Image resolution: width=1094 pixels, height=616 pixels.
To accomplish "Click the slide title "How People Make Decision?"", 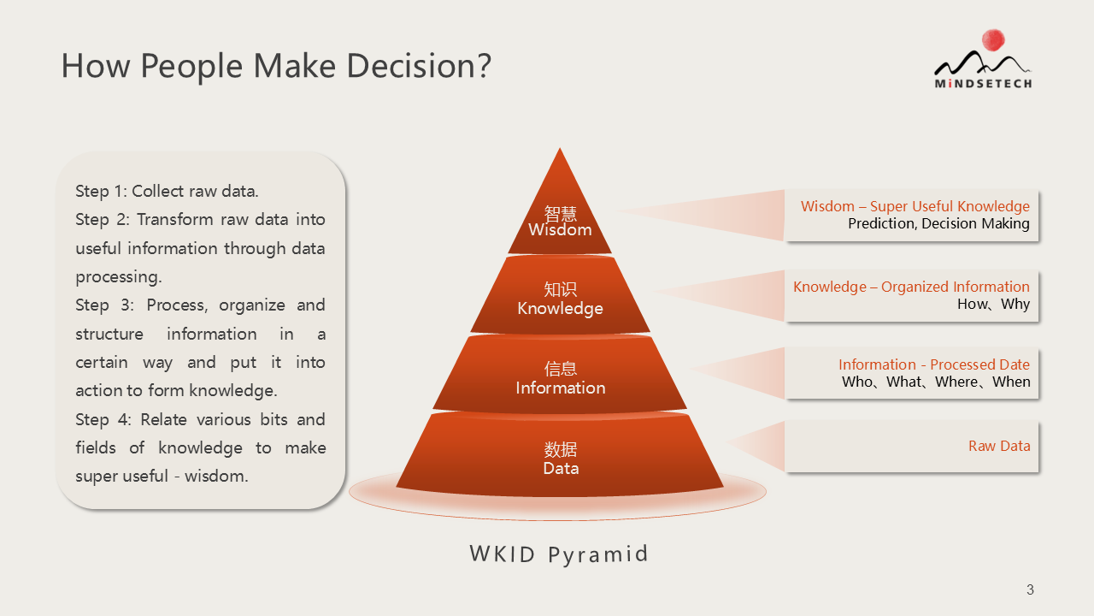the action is click(276, 66).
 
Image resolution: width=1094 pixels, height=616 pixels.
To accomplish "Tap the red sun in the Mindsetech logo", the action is click(993, 40).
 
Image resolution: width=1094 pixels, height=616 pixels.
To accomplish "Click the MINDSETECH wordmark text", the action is click(983, 84).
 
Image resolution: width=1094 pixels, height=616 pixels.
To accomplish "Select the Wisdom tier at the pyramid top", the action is click(560, 210).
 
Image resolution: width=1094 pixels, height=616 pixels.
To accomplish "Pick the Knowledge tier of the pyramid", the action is click(560, 295).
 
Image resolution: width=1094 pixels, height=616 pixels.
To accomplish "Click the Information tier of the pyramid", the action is click(560, 374).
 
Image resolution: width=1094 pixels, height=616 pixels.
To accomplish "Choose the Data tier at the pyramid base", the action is click(560, 454).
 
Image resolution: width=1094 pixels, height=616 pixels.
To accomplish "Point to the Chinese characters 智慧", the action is click(560, 214).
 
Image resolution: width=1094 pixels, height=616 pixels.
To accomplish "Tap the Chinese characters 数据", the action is click(561, 449).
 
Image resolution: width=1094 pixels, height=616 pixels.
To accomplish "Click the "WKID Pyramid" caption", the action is click(559, 554).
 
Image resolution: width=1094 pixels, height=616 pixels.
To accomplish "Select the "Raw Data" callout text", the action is click(999, 446).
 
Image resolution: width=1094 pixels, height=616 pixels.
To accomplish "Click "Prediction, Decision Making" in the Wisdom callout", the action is click(938, 223).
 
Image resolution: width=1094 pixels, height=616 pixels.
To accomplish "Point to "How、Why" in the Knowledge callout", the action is click(993, 304).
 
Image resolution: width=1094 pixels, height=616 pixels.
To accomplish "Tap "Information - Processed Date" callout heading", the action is click(934, 364).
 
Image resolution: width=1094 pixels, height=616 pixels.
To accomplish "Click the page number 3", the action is click(1030, 589).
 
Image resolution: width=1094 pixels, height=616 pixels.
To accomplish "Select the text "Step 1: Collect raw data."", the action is click(167, 191).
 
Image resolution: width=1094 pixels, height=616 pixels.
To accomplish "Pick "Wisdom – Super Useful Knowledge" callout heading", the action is click(915, 206).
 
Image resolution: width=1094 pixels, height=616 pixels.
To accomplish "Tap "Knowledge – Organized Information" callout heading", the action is click(911, 287).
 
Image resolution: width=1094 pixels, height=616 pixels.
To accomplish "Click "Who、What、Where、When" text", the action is click(936, 382).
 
